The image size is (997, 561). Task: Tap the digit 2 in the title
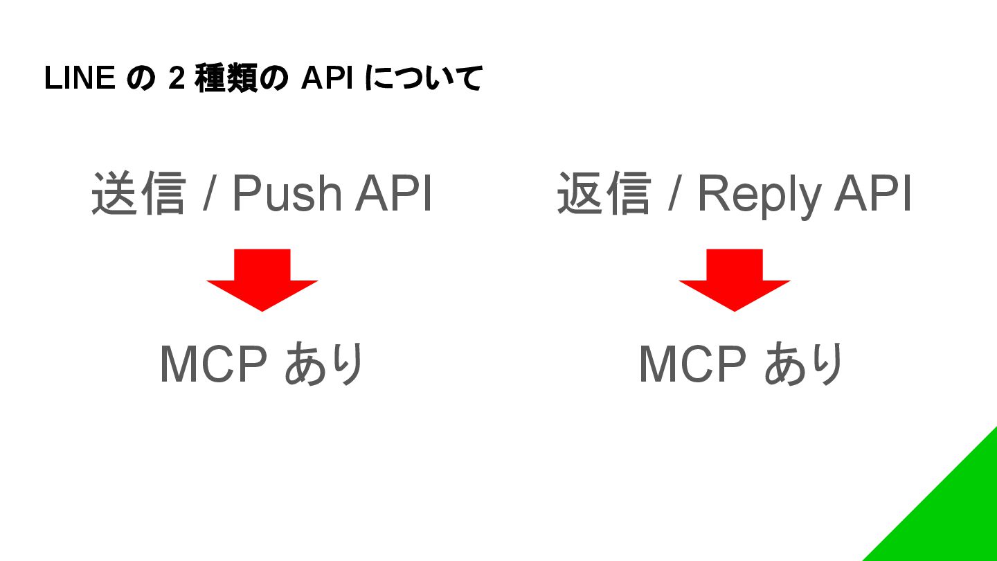tap(176, 79)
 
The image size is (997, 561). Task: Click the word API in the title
tap(326, 79)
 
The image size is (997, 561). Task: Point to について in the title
tap(423, 79)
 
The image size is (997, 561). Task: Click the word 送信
tap(138, 193)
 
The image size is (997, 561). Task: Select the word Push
tap(286, 193)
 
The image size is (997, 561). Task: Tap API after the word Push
tap(394, 193)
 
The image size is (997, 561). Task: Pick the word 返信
tap(604, 193)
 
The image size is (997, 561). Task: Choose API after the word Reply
tap(873, 193)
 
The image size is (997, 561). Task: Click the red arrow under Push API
tap(262, 280)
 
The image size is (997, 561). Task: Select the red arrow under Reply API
tap(734, 280)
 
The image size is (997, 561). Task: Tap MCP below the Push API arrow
tap(213, 364)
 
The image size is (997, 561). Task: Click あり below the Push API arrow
tap(324, 364)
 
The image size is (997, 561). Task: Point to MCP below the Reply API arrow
tap(692, 364)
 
